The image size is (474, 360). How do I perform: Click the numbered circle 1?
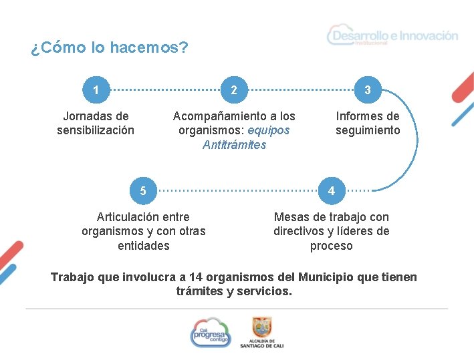(97, 89)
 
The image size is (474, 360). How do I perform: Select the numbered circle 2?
(233, 90)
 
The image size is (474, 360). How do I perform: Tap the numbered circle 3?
(368, 89)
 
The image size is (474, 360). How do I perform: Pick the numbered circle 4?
(332, 191)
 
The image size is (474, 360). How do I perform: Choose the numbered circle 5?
(142, 191)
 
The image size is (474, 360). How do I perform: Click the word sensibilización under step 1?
(96, 130)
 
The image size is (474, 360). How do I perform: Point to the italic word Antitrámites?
(234, 145)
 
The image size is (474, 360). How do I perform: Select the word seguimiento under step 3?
(368, 130)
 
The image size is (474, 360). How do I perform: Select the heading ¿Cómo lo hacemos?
(110, 48)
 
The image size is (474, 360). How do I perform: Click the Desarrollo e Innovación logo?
(392, 35)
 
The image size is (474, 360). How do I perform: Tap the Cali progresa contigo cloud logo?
(211, 332)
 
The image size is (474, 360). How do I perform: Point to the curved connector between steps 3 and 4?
(414, 147)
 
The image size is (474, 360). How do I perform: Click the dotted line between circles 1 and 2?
(165, 89)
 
